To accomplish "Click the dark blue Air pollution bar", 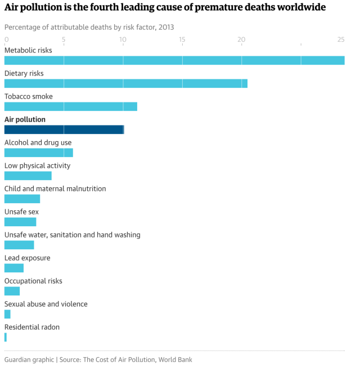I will pyautogui.click(x=64, y=129).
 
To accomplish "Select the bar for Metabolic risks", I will pyautogui.click(x=174, y=60).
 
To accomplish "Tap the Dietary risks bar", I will pyautogui.click(x=126, y=83).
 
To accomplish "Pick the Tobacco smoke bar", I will pyautogui.click(x=71, y=106).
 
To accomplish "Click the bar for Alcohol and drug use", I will pyautogui.click(x=39, y=152).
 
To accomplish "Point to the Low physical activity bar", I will pyautogui.click(x=28, y=176).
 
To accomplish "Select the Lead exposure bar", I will pyautogui.click(x=14, y=268).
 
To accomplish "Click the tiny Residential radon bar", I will pyautogui.click(x=6, y=337).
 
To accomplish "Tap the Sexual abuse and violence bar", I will pyautogui.click(x=7, y=314).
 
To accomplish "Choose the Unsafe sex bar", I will pyautogui.click(x=20, y=222).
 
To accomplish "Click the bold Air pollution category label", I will pyautogui.click(x=25, y=119).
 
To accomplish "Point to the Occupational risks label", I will pyautogui.click(x=33, y=281).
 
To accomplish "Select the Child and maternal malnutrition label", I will pyautogui.click(x=55, y=189).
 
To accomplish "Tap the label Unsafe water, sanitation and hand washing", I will pyautogui.click(x=73, y=235).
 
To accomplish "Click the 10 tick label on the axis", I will pyautogui.click(x=123, y=39).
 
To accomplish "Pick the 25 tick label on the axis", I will pyautogui.click(x=341, y=39).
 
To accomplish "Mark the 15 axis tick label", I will pyautogui.click(x=182, y=39).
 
